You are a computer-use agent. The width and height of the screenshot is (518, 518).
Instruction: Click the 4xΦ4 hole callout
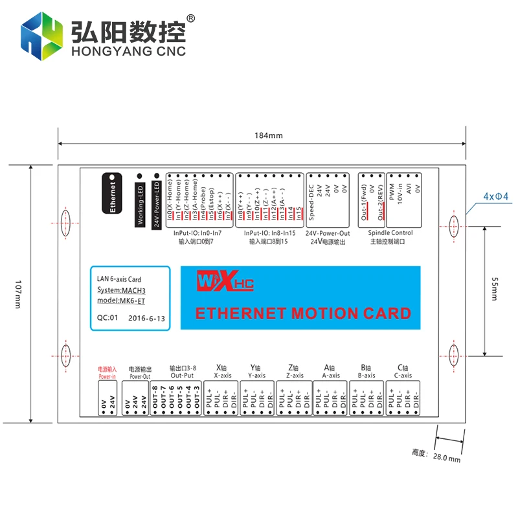[x=496, y=196]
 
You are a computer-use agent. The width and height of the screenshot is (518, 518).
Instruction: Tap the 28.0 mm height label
[x=447, y=458]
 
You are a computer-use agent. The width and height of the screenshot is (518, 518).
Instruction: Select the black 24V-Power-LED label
[x=156, y=203]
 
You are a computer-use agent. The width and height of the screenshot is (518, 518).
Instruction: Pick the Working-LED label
[x=140, y=203]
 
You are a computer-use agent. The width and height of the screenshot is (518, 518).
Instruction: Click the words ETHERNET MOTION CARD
[x=303, y=313]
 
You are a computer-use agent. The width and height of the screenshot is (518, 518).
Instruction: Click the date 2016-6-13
[x=146, y=319]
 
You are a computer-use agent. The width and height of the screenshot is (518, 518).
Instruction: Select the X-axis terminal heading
[x=222, y=371]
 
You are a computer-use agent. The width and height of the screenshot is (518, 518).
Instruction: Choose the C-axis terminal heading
[x=403, y=371]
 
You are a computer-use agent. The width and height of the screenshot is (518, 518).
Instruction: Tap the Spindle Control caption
[x=390, y=233]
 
